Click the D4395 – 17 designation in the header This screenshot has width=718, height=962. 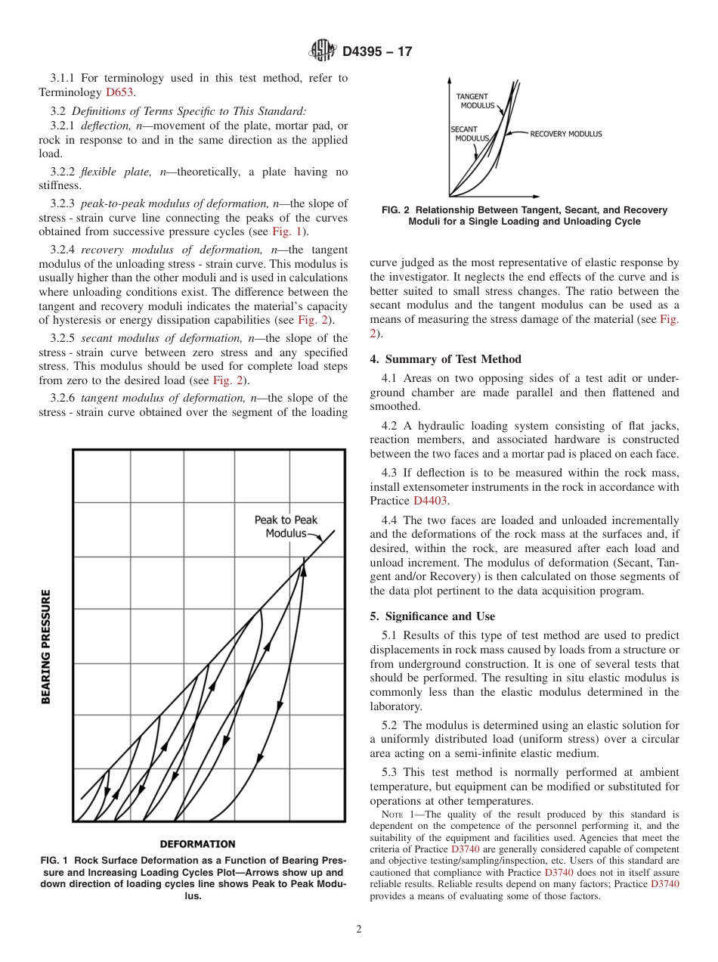377,52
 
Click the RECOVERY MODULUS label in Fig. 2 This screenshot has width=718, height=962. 565,134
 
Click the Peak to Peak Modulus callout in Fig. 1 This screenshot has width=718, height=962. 286,526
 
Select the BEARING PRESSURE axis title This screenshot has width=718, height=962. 47,647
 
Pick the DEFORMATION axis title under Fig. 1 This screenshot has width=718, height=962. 197,844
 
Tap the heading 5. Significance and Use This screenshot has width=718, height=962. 432,616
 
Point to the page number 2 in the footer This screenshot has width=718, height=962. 359,929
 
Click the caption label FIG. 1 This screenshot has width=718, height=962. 55,861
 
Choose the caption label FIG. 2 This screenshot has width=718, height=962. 388,210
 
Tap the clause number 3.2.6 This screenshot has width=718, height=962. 63,398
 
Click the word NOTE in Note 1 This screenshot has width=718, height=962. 393,815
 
